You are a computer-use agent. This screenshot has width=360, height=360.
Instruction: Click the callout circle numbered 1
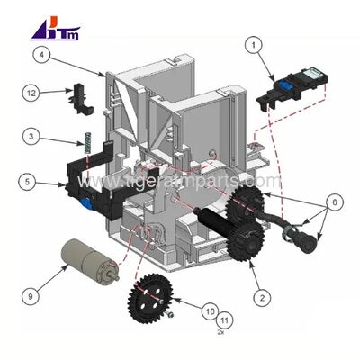[255, 43]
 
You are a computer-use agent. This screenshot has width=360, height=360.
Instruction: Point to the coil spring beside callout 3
[90, 145]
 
